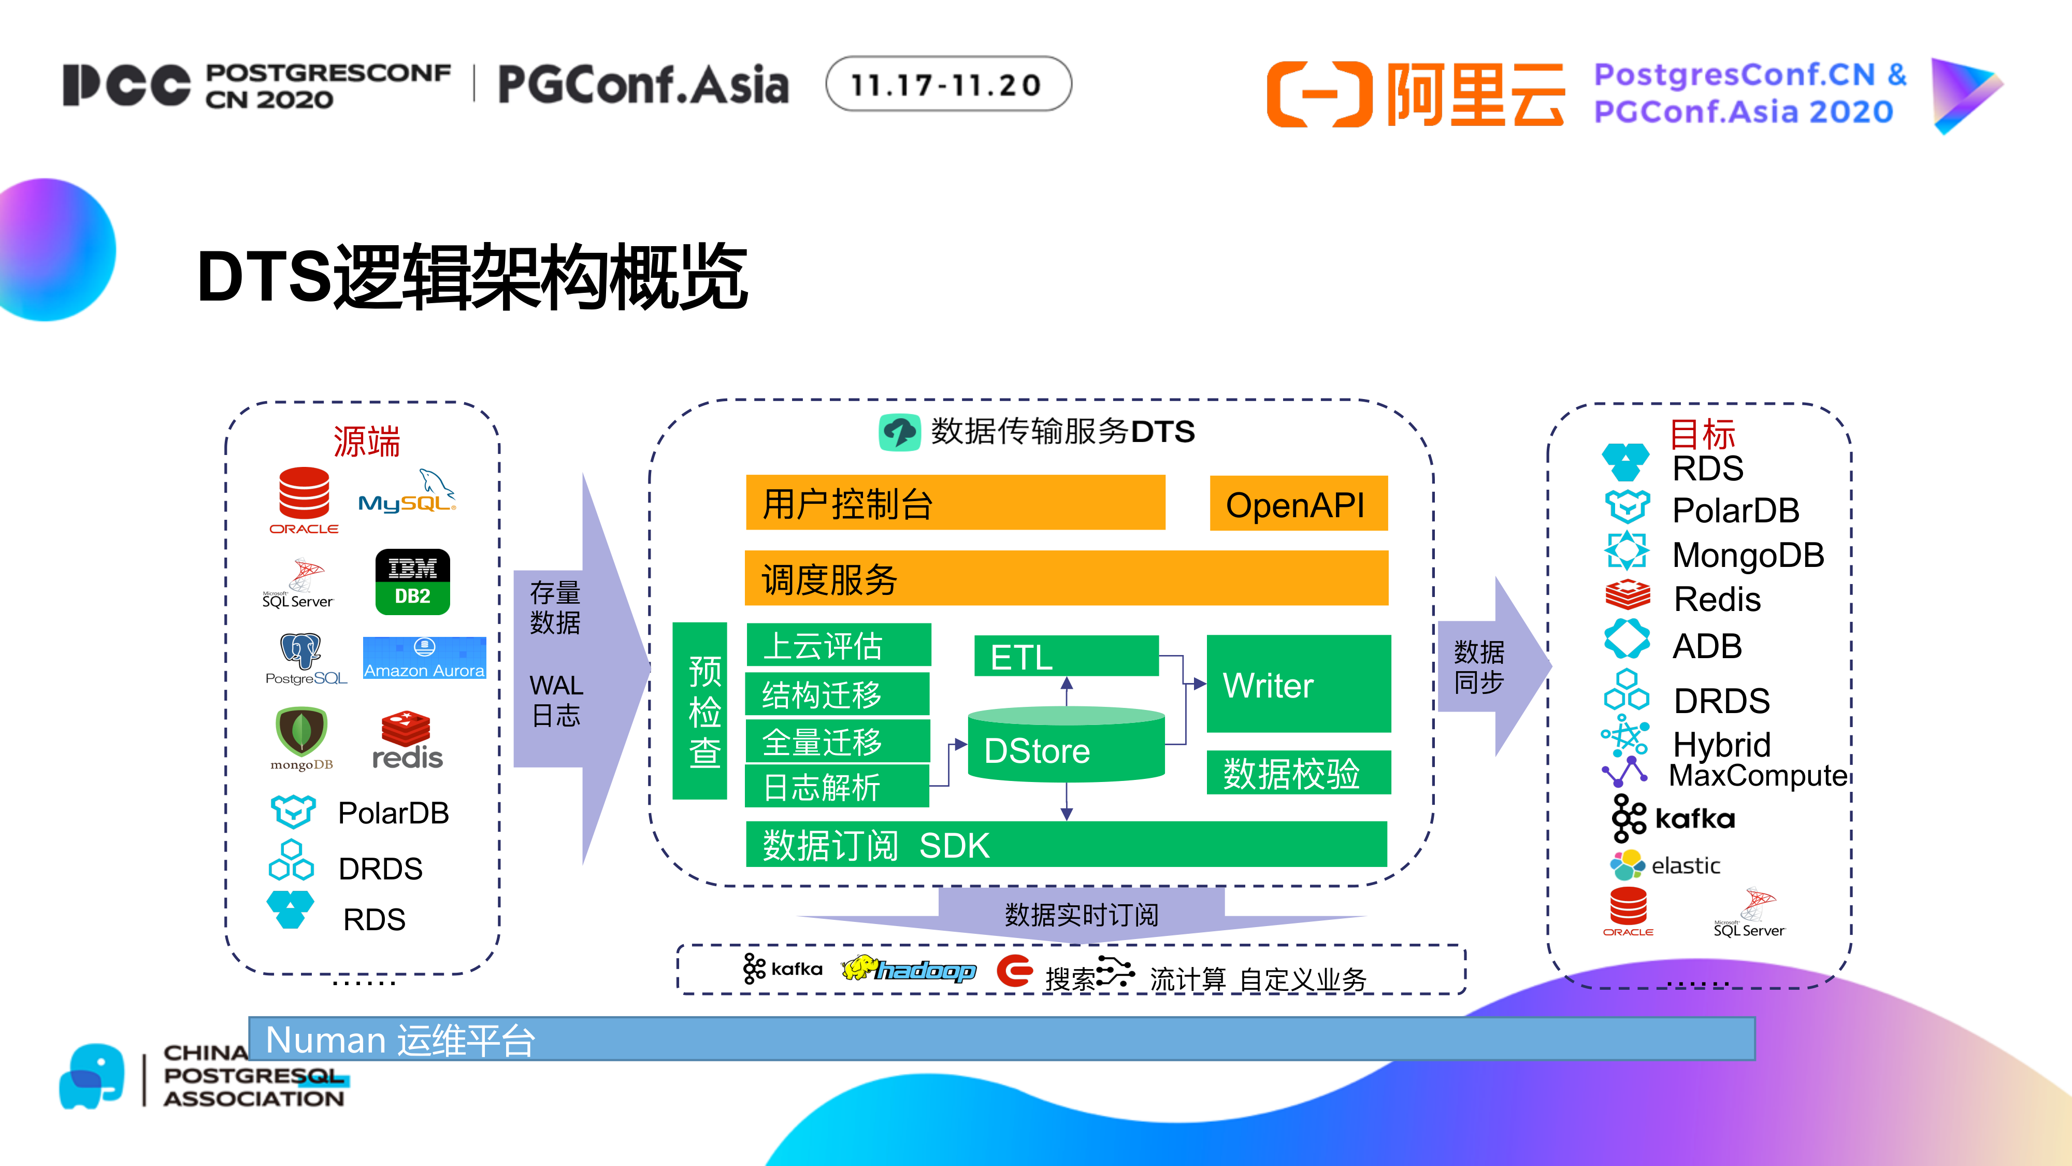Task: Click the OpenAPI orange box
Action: pos(1298,504)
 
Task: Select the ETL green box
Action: pos(1065,657)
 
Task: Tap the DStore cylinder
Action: pos(1065,747)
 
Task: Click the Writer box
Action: pos(1298,684)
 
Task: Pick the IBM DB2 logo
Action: pos(412,582)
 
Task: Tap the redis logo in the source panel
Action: pos(407,741)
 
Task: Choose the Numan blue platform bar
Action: pos(1001,1039)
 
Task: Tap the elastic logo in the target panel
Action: pos(1664,865)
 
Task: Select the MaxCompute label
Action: pos(1758,775)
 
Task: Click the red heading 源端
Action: pos(366,442)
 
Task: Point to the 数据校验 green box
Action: pos(1298,773)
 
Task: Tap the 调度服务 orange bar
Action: pos(1066,578)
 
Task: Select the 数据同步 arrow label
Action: pos(1478,666)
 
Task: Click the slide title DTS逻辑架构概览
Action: pos(473,278)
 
